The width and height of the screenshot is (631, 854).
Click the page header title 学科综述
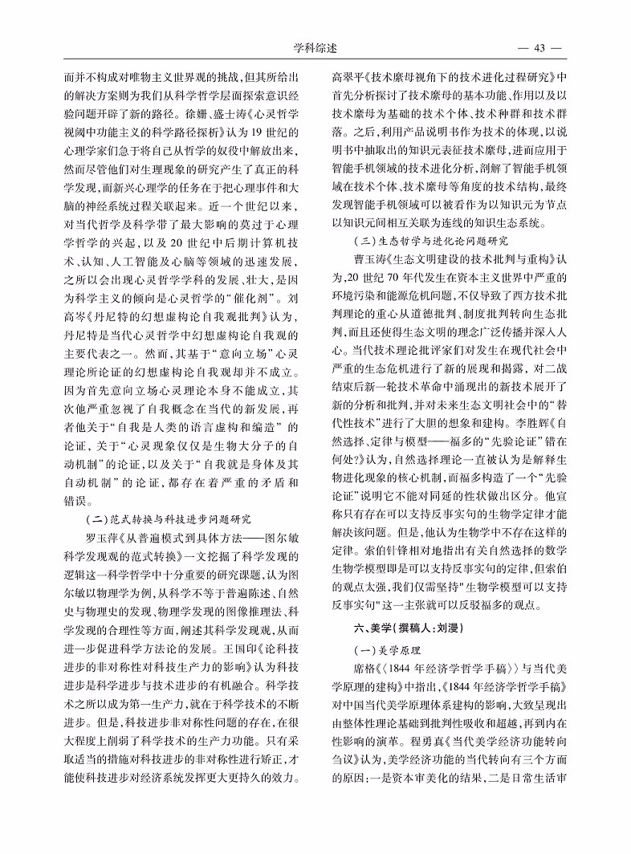315,47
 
